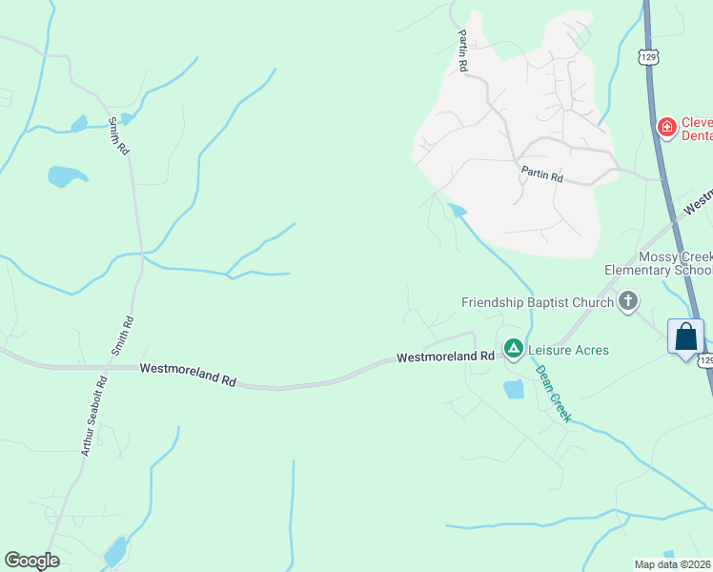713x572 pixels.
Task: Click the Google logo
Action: click(32, 561)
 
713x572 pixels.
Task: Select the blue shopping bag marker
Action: click(686, 338)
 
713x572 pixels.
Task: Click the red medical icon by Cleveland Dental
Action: click(667, 126)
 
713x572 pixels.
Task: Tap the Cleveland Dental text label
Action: click(696, 129)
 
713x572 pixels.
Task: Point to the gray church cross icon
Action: click(627, 302)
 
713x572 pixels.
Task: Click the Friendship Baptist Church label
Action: click(537, 302)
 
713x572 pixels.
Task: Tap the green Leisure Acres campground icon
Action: click(513, 350)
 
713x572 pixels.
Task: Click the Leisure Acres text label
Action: click(568, 350)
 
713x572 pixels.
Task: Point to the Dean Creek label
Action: click(553, 394)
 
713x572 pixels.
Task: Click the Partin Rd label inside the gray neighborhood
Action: click(541, 174)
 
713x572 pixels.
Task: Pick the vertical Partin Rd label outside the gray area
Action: click(462, 51)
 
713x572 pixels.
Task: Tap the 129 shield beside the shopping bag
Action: click(705, 360)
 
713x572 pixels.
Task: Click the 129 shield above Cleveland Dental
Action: click(649, 58)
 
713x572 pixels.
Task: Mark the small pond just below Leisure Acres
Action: click(513, 388)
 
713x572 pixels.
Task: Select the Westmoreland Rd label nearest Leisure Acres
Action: click(445, 357)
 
